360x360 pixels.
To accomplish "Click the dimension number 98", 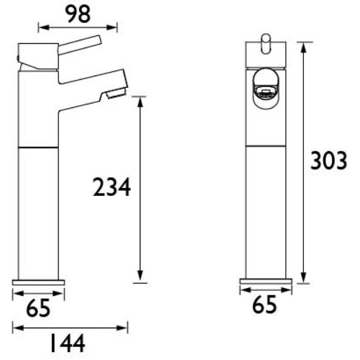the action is pos(78,14).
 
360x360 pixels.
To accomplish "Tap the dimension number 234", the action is pos(112,187).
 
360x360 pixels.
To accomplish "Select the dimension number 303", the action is pos(329,161).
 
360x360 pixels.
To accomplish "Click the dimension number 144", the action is pos(68,343).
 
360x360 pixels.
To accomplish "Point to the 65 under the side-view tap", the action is pos(38,308).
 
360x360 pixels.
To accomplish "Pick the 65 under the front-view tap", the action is pos(264,305).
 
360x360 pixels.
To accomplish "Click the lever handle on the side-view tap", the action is pos(80,45).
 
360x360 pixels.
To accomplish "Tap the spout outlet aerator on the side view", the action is pos(117,92).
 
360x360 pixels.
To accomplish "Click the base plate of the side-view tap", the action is pos(38,282).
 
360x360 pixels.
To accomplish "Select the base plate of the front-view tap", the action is pos(266,282).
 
